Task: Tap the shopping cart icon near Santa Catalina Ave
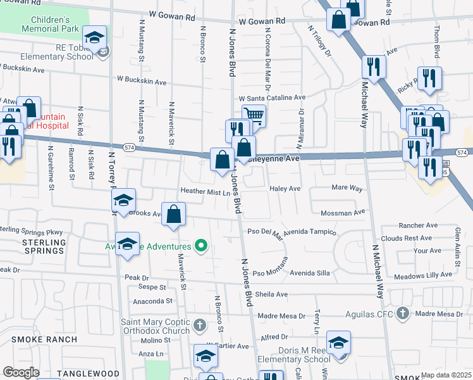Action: click(x=253, y=115)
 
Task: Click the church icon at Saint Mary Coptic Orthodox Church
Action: click(x=200, y=326)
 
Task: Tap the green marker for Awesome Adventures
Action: click(x=201, y=246)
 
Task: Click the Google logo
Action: click(x=21, y=372)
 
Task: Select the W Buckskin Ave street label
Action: click(x=142, y=82)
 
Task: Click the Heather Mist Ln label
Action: click(x=204, y=191)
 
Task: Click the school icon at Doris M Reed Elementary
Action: click(x=338, y=342)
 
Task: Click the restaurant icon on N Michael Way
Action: click(x=374, y=66)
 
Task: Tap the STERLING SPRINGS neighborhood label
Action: click(x=44, y=246)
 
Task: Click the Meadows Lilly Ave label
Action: click(x=422, y=275)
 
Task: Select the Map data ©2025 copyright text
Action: click(x=446, y=375)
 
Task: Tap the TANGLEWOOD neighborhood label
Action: click(x=88, y=374)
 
